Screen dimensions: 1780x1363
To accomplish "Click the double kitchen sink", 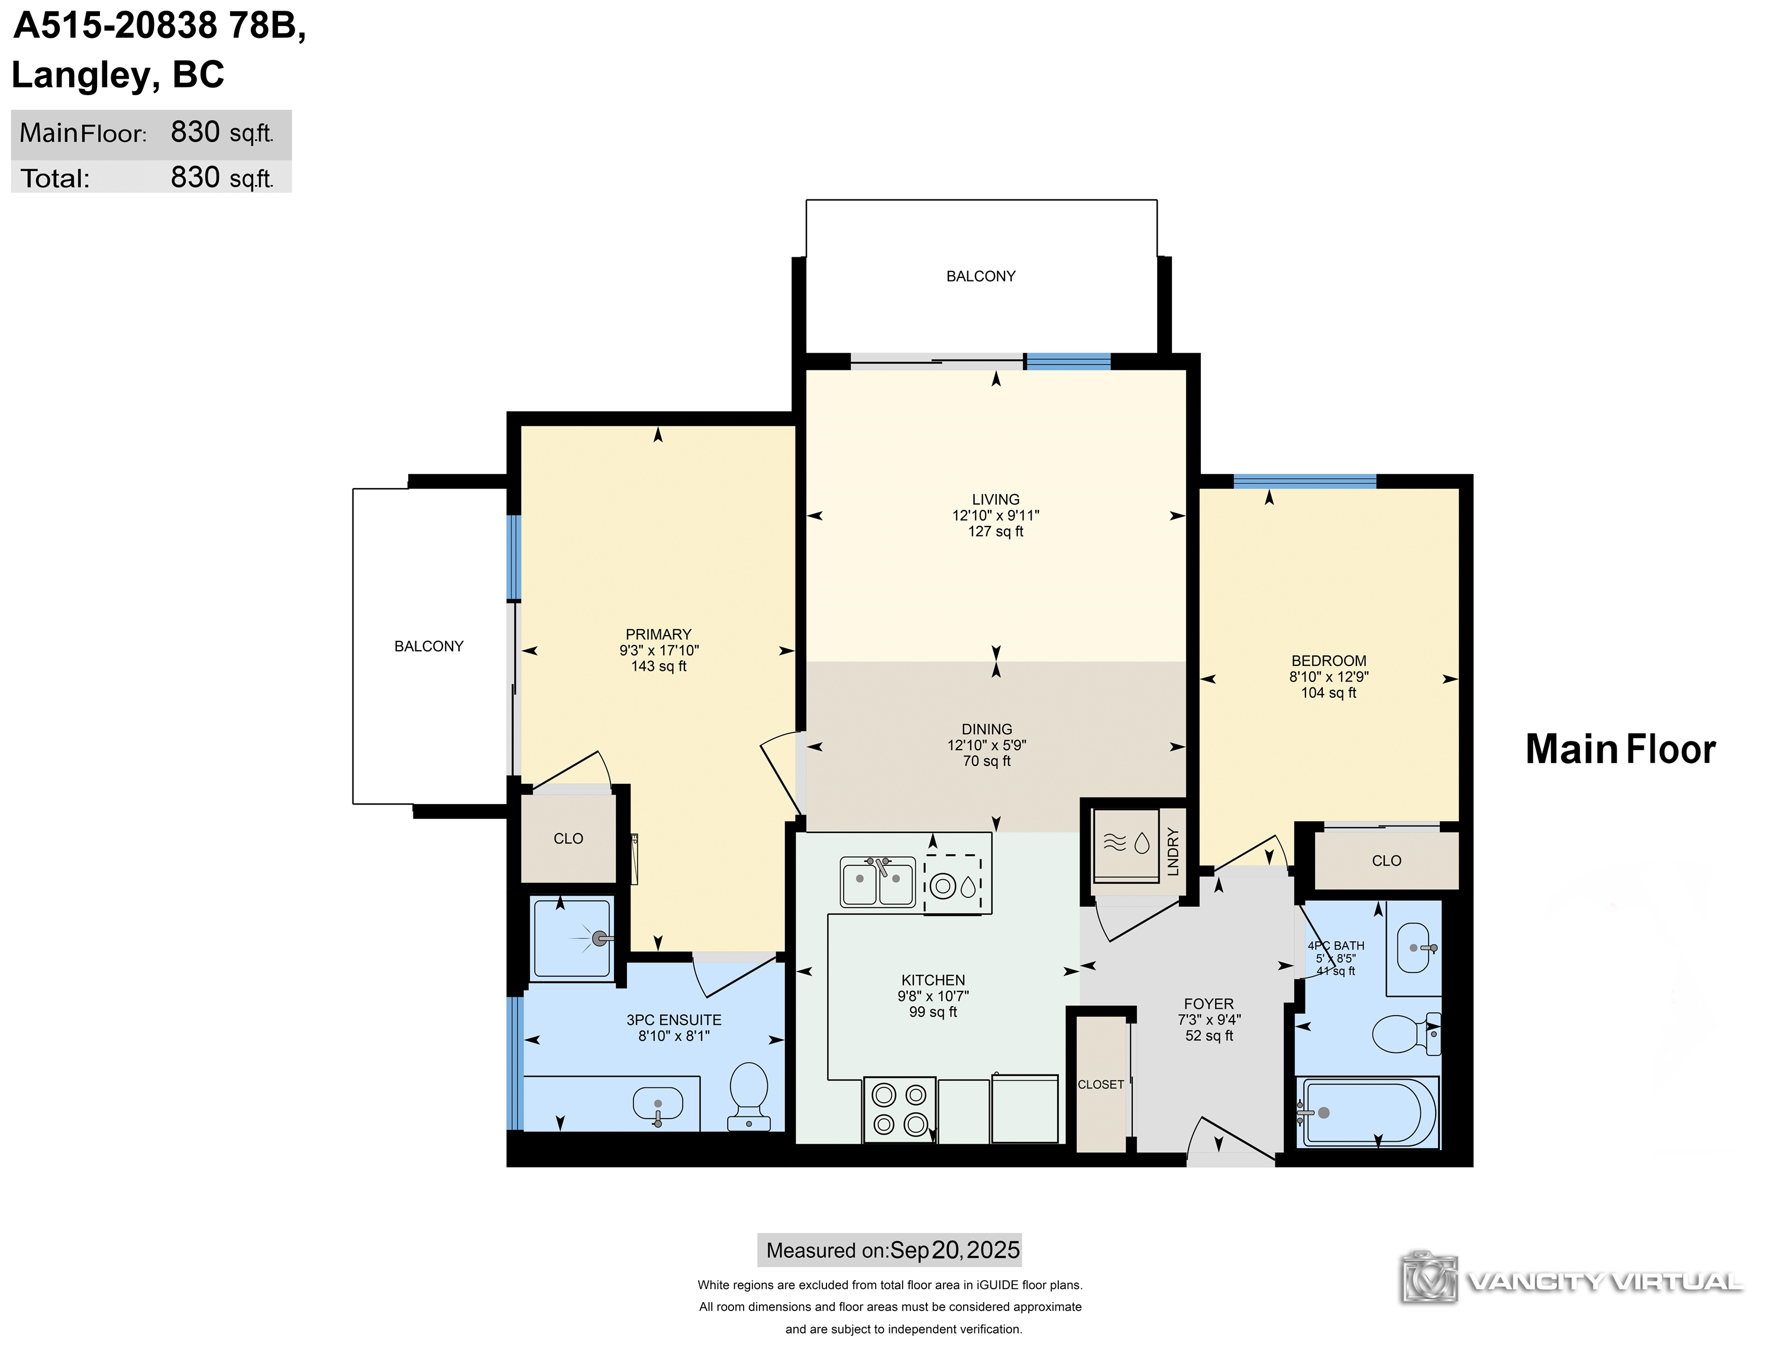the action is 878,881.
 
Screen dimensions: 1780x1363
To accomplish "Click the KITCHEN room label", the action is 933,980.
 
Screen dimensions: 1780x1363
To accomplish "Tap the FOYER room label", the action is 1209,1003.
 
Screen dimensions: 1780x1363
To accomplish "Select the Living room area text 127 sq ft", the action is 996,531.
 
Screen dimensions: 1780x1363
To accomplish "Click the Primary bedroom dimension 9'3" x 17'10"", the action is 659,650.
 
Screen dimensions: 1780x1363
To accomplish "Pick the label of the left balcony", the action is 428,646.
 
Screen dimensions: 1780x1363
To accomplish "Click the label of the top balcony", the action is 981,276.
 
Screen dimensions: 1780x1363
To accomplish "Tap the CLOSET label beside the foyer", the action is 1101,1084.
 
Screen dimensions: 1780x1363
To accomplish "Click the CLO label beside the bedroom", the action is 1387,861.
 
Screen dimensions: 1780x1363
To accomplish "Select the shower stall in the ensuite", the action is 572,939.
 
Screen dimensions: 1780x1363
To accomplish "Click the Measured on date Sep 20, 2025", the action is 955,1250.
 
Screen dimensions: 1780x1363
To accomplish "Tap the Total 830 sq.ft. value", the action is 221,177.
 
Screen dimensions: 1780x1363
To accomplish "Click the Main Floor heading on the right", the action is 1620,749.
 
